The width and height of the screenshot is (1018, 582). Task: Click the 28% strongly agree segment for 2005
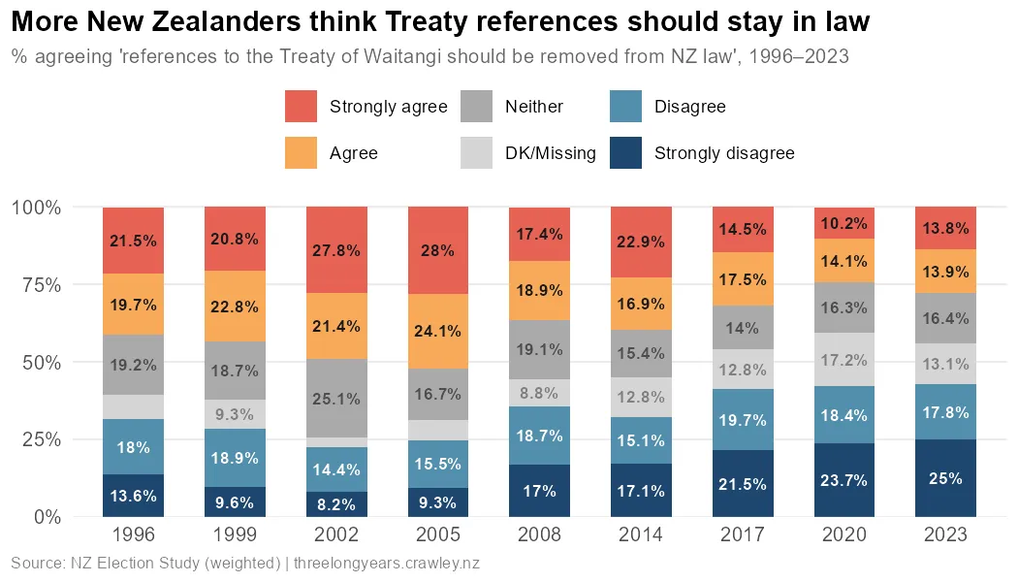point(438,250)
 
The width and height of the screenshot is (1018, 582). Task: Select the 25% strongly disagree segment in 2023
point(945,478)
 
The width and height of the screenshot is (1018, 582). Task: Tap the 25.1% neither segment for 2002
point(336,398)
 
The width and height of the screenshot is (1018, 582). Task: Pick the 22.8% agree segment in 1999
point(235,307)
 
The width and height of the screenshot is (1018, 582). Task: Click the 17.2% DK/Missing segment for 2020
point(843,359)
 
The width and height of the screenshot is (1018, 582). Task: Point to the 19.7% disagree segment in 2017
point(743,420)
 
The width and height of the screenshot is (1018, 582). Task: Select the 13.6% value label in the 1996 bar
point(133,496)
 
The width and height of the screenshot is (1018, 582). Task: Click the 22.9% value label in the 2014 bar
point(641,242)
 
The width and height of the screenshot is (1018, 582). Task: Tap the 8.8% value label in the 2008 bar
point(539,393)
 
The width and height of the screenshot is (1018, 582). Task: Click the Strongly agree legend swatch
point(302,107)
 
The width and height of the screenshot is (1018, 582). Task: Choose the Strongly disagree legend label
point(724,153)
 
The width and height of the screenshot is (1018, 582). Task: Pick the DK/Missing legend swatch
point(476,153)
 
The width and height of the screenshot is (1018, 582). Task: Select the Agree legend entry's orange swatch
point(302,153)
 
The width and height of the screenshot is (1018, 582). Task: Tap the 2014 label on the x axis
point(641,535)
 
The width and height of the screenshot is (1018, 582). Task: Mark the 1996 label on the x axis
point(133,535)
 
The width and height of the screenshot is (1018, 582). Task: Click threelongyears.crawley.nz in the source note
point(387,564)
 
